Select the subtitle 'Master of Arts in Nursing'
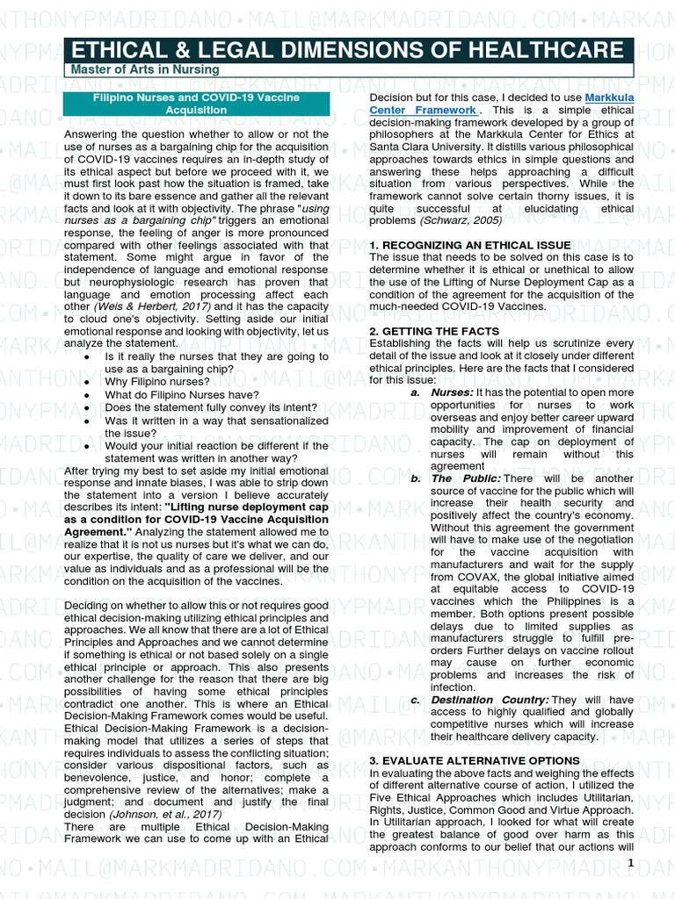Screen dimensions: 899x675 144,69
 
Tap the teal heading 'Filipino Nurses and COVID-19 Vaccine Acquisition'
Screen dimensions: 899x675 197,104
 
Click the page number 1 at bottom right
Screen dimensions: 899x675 629,865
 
